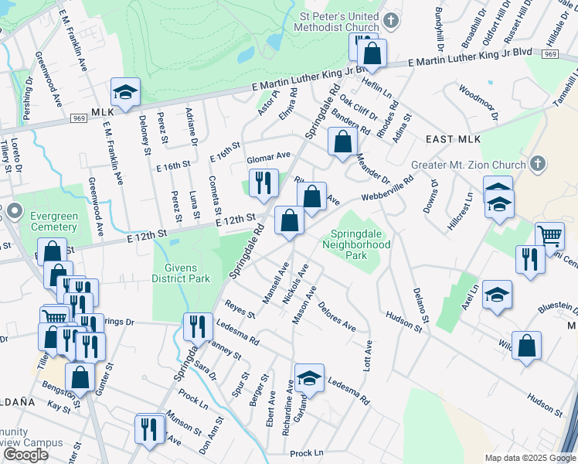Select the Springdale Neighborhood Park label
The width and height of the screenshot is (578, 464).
[x=360, y=244]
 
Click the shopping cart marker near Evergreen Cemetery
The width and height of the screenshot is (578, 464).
[x=53, y=318]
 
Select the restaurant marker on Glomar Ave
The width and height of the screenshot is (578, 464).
[x=264, y=183]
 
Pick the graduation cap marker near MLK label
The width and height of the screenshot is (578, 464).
[x=124, y=92]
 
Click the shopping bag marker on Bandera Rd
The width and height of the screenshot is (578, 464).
[x=342, y=142]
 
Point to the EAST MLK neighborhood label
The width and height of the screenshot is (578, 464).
[x=453, y=139]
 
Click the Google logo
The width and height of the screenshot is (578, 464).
[x=25, y=455]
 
